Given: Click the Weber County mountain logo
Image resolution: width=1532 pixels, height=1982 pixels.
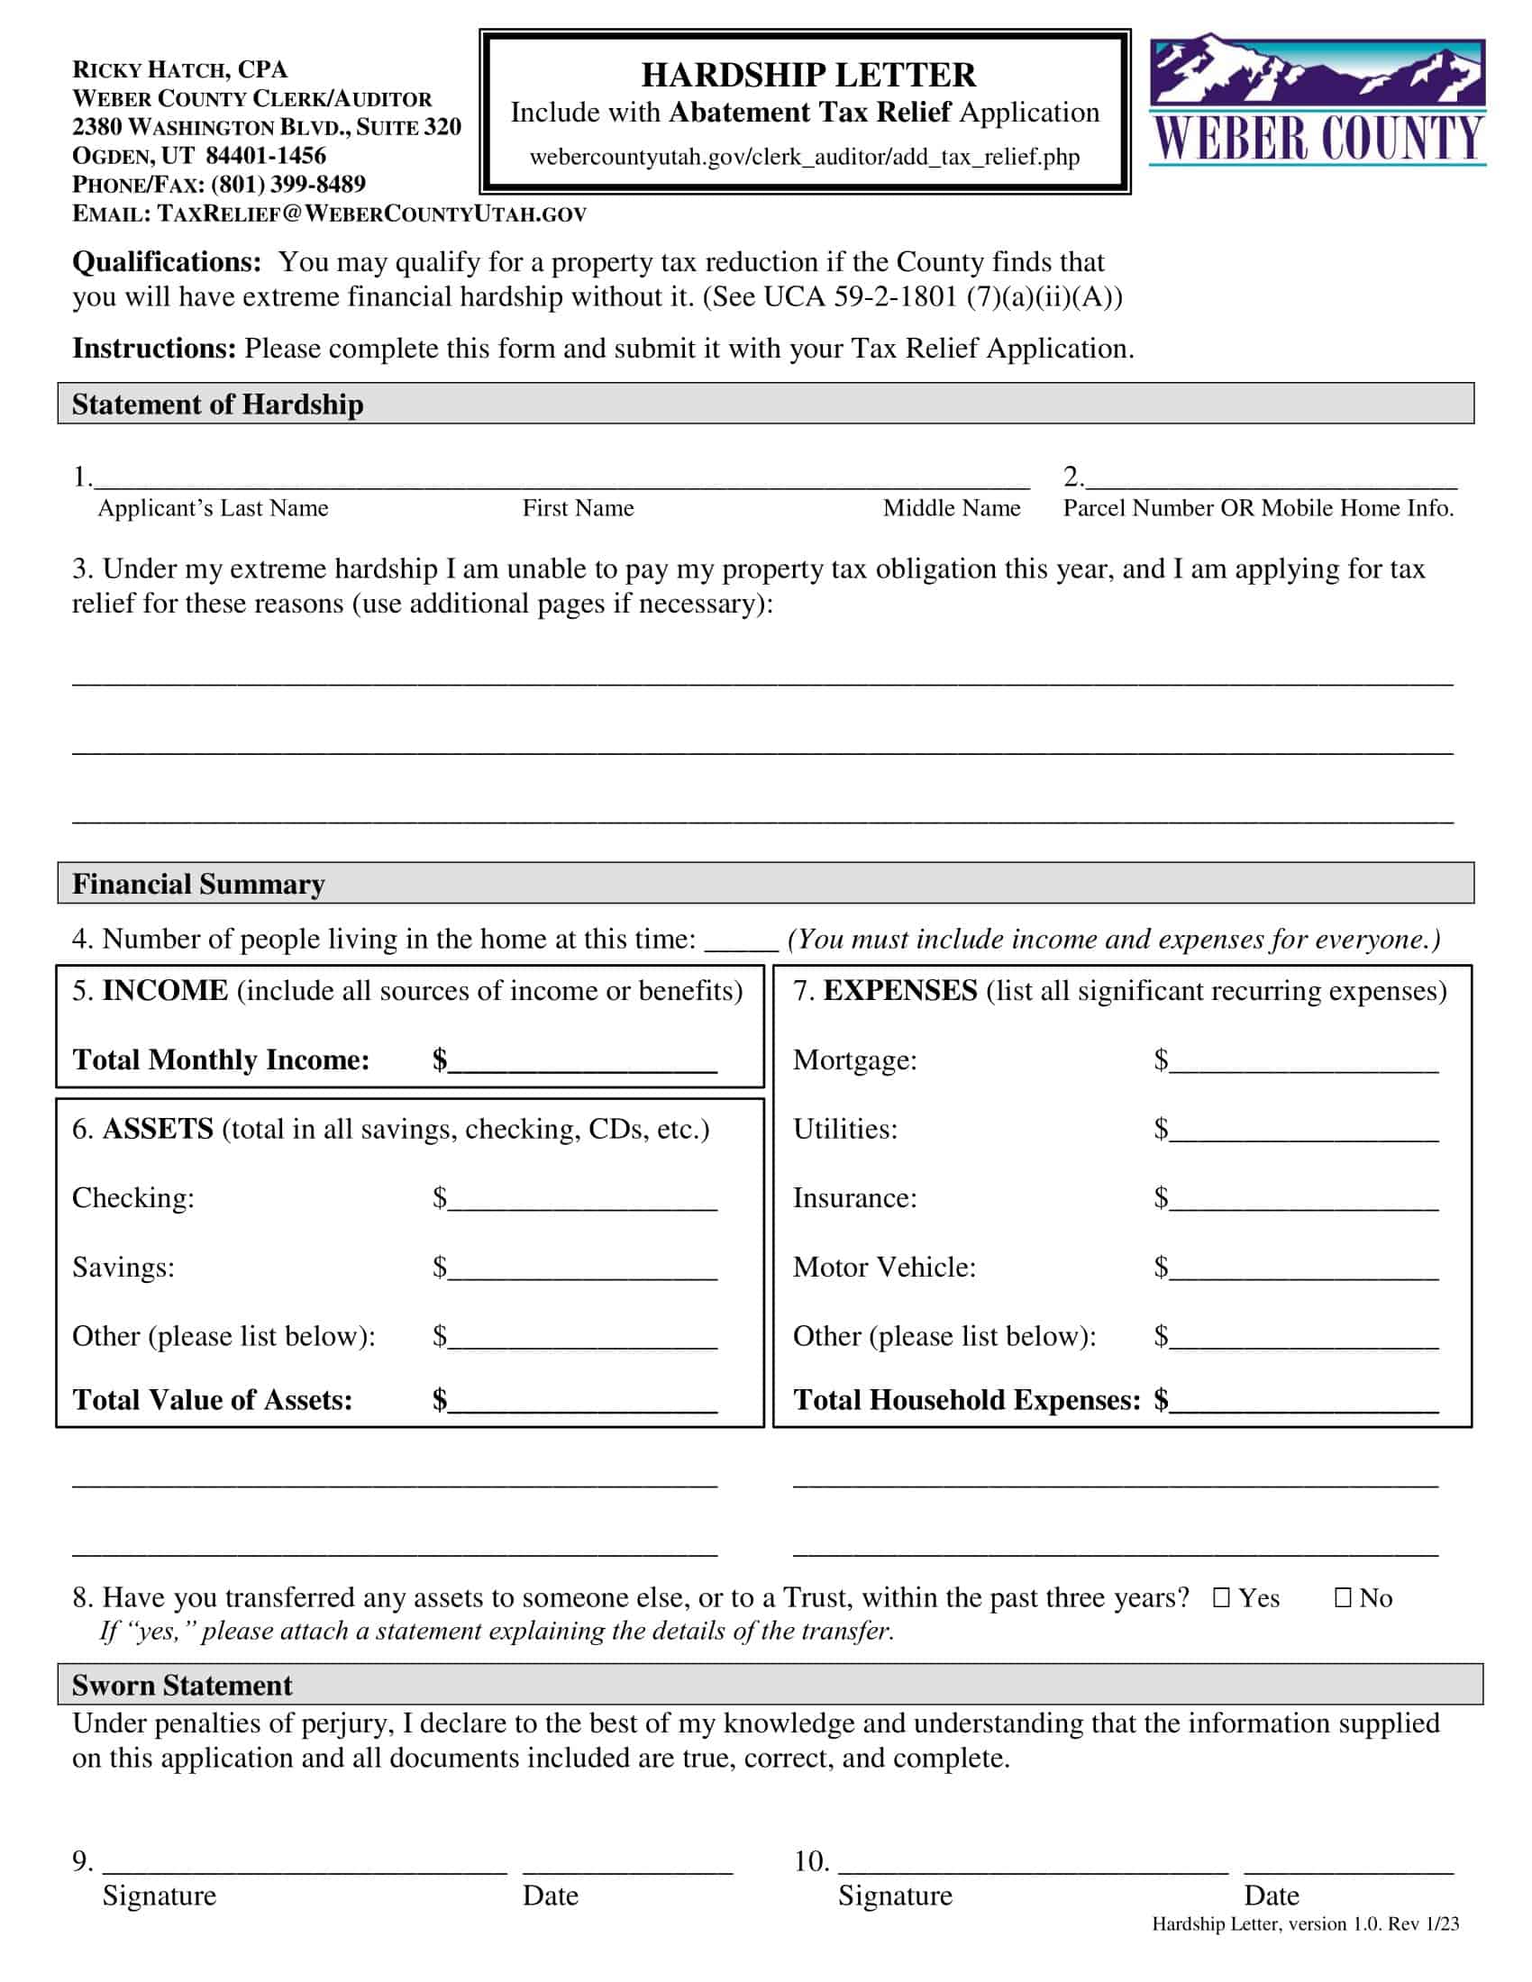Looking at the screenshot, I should [1316, 100].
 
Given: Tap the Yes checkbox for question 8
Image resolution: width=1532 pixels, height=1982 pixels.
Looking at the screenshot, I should [1222, 1597].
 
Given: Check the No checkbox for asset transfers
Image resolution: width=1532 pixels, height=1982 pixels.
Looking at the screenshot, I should [1344, 1597].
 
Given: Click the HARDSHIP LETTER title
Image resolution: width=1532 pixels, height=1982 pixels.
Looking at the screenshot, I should [807, 75].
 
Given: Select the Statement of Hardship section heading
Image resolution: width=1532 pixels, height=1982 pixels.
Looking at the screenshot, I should [218, 404].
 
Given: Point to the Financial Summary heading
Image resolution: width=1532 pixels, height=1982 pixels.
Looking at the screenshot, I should [199, 884].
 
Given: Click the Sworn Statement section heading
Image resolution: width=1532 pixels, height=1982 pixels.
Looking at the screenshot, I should [182, 1686].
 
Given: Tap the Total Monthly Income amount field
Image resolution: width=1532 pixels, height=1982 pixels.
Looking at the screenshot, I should [583, 1062].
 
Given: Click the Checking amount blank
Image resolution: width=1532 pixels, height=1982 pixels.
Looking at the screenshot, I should [583, 1200].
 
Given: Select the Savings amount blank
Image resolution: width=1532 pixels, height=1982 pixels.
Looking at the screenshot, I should [583, 1268].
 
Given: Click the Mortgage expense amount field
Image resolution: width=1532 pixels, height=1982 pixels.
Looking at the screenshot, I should [1303, 1062].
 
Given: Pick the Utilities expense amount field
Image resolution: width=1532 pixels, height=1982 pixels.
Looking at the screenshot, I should [1303, 1131].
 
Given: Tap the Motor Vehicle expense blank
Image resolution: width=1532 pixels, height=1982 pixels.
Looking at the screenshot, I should [1303, 1268].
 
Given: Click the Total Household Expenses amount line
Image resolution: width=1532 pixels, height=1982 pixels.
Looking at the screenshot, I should [1303, 1401].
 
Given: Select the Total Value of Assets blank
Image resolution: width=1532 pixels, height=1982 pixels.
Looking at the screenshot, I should [583, 1401].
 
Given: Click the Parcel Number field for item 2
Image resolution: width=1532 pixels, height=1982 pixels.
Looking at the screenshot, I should [1271, 477].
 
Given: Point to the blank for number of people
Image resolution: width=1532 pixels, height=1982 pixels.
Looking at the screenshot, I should [741, 941].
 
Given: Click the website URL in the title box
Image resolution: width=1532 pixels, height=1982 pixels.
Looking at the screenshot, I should [804, 157].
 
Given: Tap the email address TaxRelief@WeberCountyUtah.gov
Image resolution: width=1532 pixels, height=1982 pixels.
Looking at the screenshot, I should [372, 214].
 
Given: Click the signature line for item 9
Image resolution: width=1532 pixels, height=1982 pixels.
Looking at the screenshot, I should [304, 1863].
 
